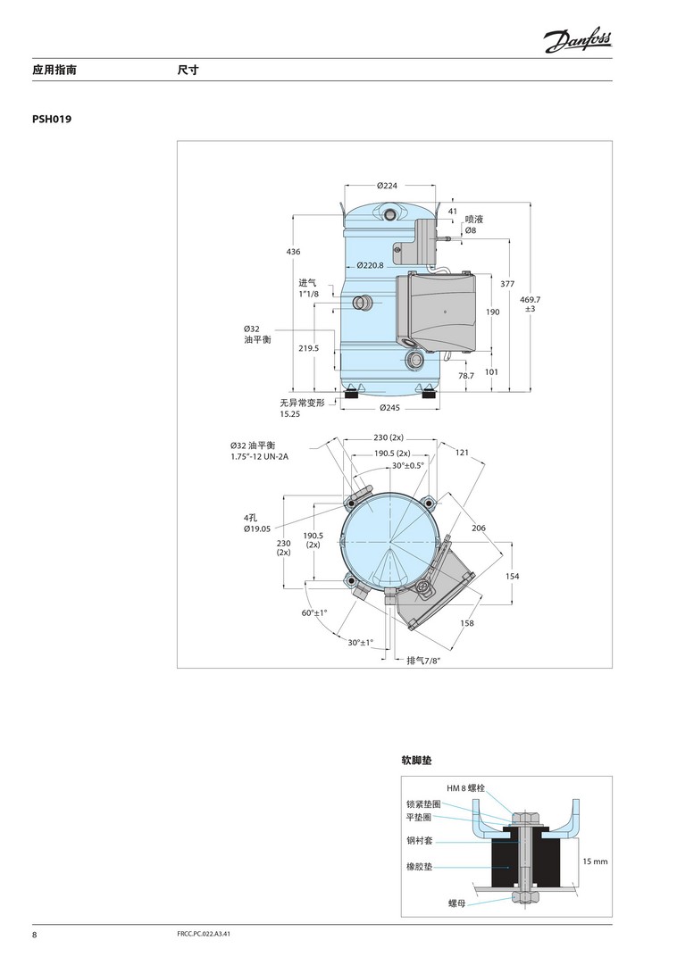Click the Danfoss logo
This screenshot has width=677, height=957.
pyautogui.click(x=578, y=41)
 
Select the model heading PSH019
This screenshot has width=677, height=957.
pyautogui.click(x=52, y=119)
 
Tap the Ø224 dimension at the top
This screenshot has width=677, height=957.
pyautogui.click(x=387, y=186)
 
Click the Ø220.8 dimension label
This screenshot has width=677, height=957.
pyautogui.click(x=371, y=265)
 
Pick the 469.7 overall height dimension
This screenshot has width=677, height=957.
pyautogui.click(x=530, y=304)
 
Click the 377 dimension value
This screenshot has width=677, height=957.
pyautogui.click(x=507, y=284)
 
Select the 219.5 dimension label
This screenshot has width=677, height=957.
pyautogui.click(x=309, y=348)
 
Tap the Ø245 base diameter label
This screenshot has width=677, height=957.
pyautogui.click(x=389, y=408)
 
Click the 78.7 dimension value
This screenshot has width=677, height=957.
pyautogui.click(x=466, y=376)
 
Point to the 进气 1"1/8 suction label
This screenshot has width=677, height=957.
pyautogui.click(x=308, y=288)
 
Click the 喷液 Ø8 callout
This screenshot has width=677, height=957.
pyautogui.click(x=473, y=225)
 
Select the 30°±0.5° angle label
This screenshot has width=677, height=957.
pyautogui.click(x=408, y=466)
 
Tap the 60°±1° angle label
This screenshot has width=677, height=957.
pyautogui.click(x=314, y=612)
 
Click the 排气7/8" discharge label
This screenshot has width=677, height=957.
pyautogui.click(x=423, y=661)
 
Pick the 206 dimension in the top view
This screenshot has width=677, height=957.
pyautogui.click(x=479, y=528)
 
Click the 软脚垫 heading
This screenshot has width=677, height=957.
pyautogui.click(x=416, y=761)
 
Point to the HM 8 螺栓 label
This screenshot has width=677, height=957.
pyautogui.click(x=466, y=788)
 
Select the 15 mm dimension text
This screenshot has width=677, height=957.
pyautogui.click(x=595, y=861)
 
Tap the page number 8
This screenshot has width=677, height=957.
pyautogui.click(x=35, y=935)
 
